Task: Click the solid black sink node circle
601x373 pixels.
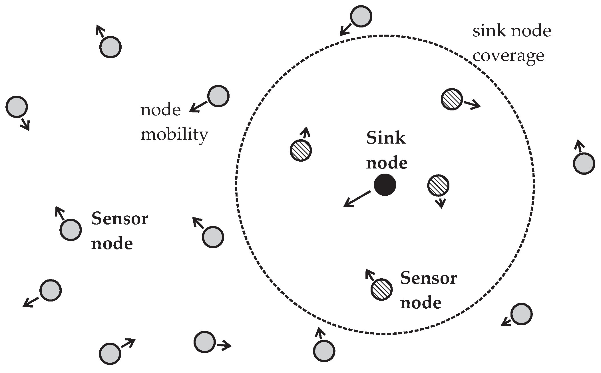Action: pyautogui.click(x=385, y=185)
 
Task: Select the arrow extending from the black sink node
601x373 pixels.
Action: pyautogui.click(x=357, y=199)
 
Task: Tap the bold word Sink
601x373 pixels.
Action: pyautogui.click(x=386, y=138)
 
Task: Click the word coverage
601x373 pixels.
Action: pyautogui.click(x=508, y=56)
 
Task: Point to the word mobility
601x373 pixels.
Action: pyautogui.click(x=174, y=134)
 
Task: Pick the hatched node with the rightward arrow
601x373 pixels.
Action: pyautogui.click(x=452, y=99)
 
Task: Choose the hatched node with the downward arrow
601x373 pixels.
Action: pyautogui.click(x=438, y=185)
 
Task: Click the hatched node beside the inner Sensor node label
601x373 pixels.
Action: pyautogui.click(x=381, y=289)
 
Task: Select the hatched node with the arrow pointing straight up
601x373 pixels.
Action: pyautogui.click(x=301, y=150)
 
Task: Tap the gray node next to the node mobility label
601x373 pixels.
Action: pyautogui.click(x=218, y=96)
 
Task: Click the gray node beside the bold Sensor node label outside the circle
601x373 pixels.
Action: pyautogui.click(x=71, y=230)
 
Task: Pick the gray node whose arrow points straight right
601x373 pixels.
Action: pyautogui.click(x=204, y=342)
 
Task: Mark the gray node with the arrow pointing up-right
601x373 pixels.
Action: pyautogui.click(x=110, y=354)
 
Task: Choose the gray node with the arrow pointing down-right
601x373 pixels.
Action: pyautogui.click(x=17, y=107)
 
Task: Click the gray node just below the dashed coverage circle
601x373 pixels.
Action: pyautogui.click(x=324, y=351)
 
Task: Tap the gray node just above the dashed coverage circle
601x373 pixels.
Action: pyautogui.click(x=361, y=17)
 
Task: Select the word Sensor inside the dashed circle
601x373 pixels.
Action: pyautogui.click(x=429, y=278)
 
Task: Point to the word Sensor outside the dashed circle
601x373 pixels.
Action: pyautogui.click(x=120, y=219)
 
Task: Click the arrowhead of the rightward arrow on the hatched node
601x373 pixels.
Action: pyautogui.click(x=477, y=106)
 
